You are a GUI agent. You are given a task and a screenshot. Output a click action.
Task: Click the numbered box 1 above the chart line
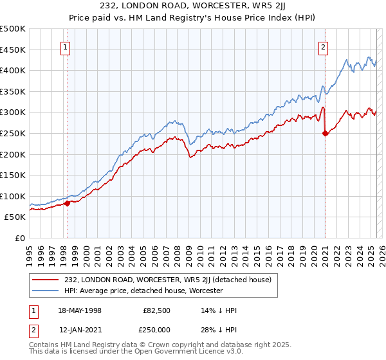coord(66,46)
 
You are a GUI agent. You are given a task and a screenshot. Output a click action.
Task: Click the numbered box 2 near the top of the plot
coord(322,46)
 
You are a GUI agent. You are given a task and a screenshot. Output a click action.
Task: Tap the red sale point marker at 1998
coord(68,203)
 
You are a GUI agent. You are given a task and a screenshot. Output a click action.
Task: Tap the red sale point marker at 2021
coord(325,133)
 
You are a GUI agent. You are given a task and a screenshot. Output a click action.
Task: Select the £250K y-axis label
coord(13,133)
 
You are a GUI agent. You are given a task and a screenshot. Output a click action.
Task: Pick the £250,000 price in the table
coord(156,330)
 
